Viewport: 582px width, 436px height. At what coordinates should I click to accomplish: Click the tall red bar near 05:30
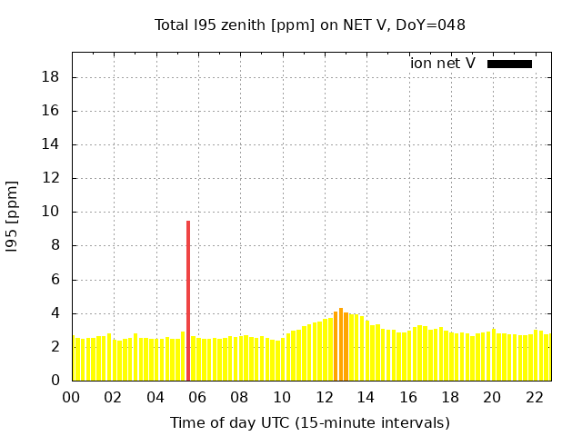pos(188,300)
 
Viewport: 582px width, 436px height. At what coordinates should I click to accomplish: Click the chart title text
pos(310,25)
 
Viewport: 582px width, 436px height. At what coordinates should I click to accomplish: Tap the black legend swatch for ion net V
pos(509,64)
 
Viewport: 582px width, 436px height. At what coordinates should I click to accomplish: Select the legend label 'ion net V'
pos(443,64)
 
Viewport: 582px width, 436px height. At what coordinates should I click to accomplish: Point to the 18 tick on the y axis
pos(52,77)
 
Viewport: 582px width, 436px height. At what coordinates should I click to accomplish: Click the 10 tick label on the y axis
pos(52,212)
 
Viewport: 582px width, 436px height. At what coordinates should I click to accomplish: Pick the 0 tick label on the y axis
pos(56,381)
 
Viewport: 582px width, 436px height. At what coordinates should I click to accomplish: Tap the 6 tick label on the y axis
pos(56,280)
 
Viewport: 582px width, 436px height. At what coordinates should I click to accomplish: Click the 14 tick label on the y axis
pos(52,144)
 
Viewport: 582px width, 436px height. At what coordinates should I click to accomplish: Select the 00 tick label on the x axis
pos(72,397)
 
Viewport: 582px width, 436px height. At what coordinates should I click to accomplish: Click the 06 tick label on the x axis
pos(197,397)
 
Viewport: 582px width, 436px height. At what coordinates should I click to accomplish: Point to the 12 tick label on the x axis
pos(324,397)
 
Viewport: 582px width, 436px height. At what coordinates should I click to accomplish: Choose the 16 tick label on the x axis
pos(408,397)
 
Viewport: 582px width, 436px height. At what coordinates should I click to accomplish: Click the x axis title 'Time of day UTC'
pos(310,422)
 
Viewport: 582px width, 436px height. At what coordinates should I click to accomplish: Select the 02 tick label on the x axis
pos(114,397)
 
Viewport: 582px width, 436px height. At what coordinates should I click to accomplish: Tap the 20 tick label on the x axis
pos(492,397)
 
